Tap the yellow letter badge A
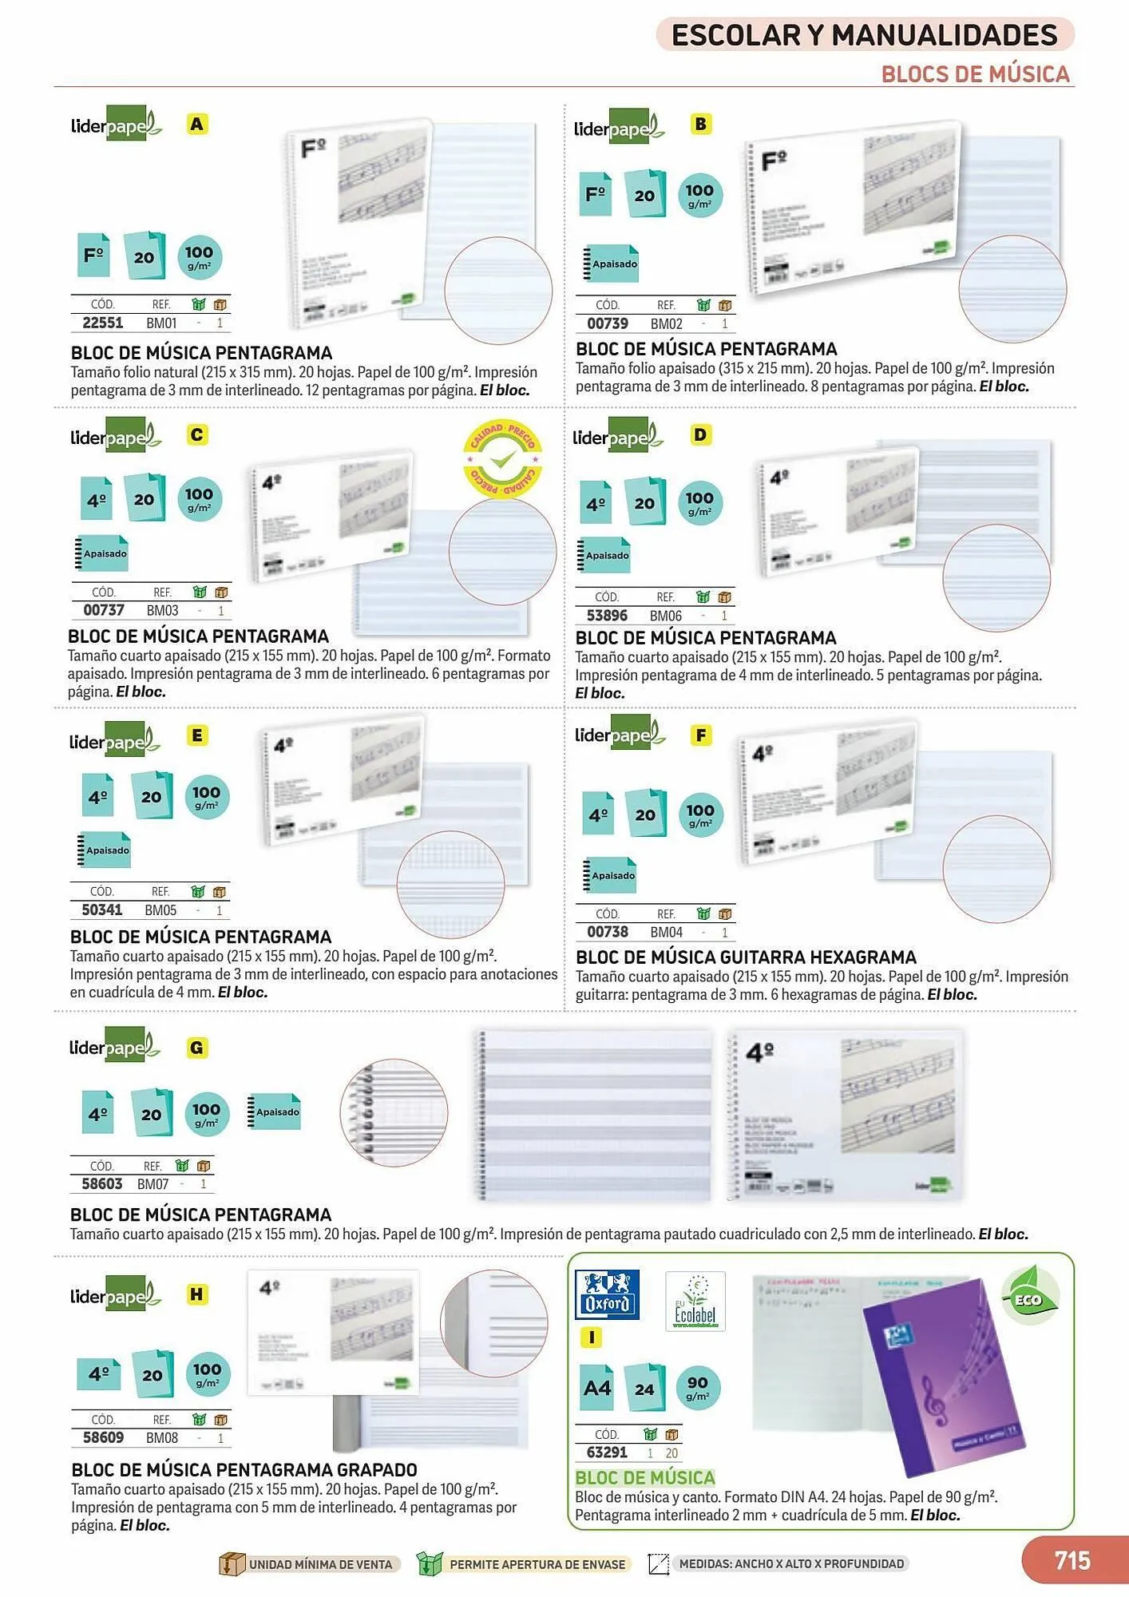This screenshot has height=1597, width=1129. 196,125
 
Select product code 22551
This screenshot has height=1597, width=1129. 103,323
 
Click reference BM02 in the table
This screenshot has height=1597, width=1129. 666,323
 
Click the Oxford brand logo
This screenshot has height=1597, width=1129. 607,1294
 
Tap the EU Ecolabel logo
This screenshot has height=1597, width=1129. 695,1301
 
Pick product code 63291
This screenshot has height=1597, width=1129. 607,1452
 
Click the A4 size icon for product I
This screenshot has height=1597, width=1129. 597,1387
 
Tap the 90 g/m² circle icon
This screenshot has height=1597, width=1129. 697,1387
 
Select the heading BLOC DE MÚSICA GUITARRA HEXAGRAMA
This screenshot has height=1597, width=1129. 746,957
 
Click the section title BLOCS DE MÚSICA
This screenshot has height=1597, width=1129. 975,74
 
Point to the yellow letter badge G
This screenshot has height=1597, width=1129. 196,1048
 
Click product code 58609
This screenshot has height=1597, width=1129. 104,1437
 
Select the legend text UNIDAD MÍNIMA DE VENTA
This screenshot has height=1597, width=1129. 320,1563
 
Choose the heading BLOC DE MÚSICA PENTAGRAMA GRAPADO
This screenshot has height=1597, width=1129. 244,1469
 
